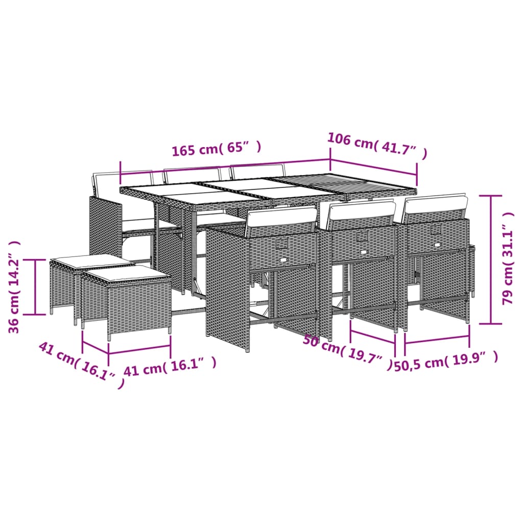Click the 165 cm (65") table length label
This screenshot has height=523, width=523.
216,149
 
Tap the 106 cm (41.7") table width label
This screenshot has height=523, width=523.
376,146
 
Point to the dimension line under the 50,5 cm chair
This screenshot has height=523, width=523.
437,339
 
